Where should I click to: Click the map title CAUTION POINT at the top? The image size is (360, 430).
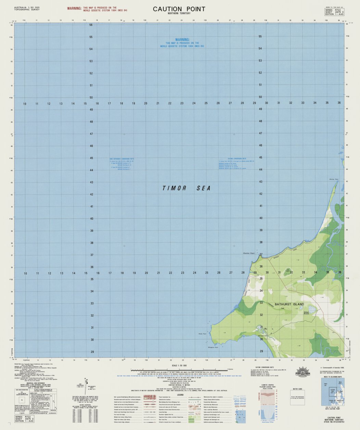(179, 9)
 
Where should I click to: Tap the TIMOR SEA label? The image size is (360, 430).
(187, 188)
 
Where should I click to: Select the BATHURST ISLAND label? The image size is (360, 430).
(289, 304)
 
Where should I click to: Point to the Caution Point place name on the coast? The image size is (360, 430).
(248, 253)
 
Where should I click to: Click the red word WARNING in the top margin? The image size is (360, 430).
(74, 8)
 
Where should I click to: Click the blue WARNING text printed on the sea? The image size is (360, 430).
(182, 40)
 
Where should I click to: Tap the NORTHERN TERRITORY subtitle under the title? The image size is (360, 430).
(179, 13)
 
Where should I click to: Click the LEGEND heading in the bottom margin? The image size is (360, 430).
(180, 394)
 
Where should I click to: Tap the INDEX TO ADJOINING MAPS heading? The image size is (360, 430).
(333, 377)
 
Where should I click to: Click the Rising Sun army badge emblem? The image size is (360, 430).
(303, 371)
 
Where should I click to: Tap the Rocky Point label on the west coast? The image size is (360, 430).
(202, 333)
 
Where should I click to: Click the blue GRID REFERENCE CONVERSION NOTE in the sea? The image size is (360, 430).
(122, 159)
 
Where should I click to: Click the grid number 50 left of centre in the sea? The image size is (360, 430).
(91, 98)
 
